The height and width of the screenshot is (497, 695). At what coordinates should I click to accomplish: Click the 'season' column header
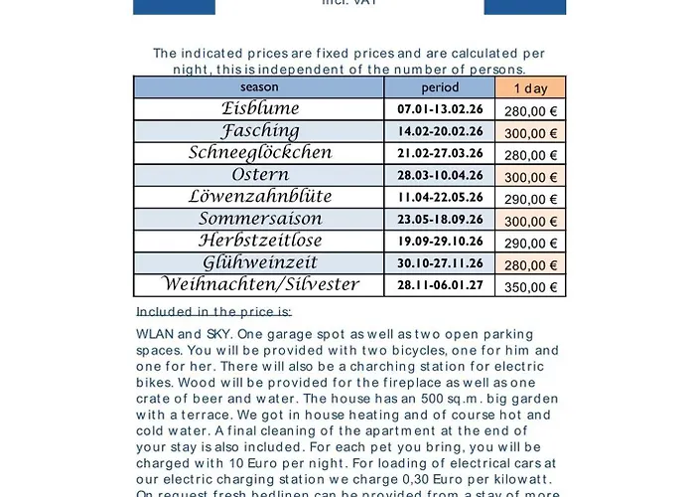tap(258, 87)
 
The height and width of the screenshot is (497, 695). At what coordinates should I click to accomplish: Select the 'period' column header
tap(439, 87)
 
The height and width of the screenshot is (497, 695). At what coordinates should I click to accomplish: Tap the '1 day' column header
tap(530, 87)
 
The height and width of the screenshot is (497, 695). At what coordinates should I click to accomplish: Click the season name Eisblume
tap(260, 108)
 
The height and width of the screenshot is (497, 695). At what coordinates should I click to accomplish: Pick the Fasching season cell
tap(260, 131)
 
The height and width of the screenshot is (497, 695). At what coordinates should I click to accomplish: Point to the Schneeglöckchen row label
tap(260, 153)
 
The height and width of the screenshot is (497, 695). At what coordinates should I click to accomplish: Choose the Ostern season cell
tap(260, 176)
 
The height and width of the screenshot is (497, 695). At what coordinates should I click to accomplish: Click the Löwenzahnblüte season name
tap(260, 198)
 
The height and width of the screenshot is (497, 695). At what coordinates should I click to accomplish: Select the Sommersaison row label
tap(260, 220)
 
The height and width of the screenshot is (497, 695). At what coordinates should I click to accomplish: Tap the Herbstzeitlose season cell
tap(260, 242)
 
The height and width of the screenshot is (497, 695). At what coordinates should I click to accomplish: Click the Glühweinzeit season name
tap(260, 263)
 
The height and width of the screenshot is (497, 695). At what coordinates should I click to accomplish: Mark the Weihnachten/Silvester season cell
tap(260, 285)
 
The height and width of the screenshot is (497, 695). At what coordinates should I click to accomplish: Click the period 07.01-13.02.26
tap(439, 109)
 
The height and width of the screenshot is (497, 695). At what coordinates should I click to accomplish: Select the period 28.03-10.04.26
tap(439, 176)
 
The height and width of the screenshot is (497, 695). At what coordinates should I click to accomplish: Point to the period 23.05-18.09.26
tap(439, 220)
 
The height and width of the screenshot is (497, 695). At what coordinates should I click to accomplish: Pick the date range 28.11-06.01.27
tap(439, 286)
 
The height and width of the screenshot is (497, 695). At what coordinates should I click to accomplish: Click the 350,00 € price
tap(530, 287)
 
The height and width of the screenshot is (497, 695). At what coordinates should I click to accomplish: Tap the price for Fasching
tap(530, 132)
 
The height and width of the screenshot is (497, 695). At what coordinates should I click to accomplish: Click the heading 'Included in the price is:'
tap(214, 311)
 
